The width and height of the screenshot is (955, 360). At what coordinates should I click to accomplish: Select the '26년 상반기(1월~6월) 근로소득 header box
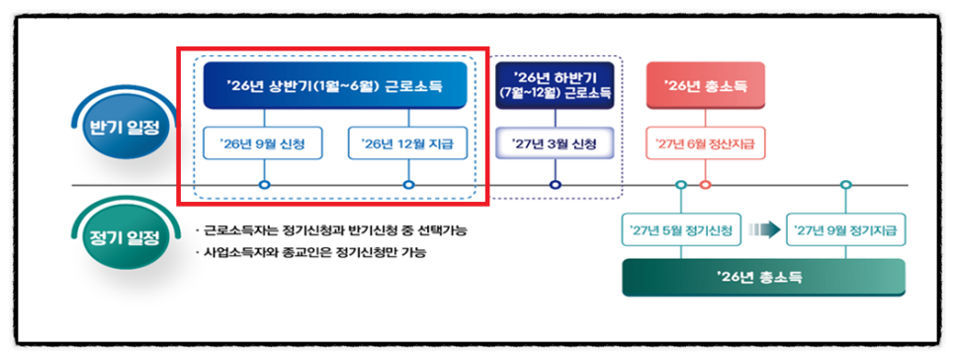coord(335,86)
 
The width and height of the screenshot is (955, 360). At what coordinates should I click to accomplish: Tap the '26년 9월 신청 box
coord(263,143)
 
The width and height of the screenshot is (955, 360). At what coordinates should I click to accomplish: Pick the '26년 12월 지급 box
coord(408,143)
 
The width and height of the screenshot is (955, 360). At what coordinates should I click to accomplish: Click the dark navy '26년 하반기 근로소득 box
coord(555,86)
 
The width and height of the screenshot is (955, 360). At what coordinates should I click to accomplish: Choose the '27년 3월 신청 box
coord(555,144)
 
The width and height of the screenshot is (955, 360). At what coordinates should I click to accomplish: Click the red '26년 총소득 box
coord(705,86)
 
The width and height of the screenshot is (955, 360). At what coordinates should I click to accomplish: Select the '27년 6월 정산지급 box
coord(705,143)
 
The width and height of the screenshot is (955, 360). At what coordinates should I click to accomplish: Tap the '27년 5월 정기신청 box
coord(681,229)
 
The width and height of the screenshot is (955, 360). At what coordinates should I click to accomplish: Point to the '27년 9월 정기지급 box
coord(845,229)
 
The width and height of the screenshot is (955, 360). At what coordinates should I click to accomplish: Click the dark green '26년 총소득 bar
coord(764,278)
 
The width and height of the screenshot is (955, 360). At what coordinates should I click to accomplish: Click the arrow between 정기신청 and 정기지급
coord(764,229)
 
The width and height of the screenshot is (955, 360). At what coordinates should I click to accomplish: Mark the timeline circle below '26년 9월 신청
coord(264,185)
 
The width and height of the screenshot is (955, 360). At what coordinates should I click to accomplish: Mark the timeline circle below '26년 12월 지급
coord(408,185)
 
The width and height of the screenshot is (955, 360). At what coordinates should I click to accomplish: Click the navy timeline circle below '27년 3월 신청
coord(555,185)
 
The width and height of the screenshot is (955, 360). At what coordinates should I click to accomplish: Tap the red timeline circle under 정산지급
coord(705,185)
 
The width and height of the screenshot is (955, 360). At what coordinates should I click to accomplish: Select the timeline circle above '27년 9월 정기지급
coord(845,185)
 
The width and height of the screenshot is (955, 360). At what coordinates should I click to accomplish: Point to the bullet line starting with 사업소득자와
coord(310,252)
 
